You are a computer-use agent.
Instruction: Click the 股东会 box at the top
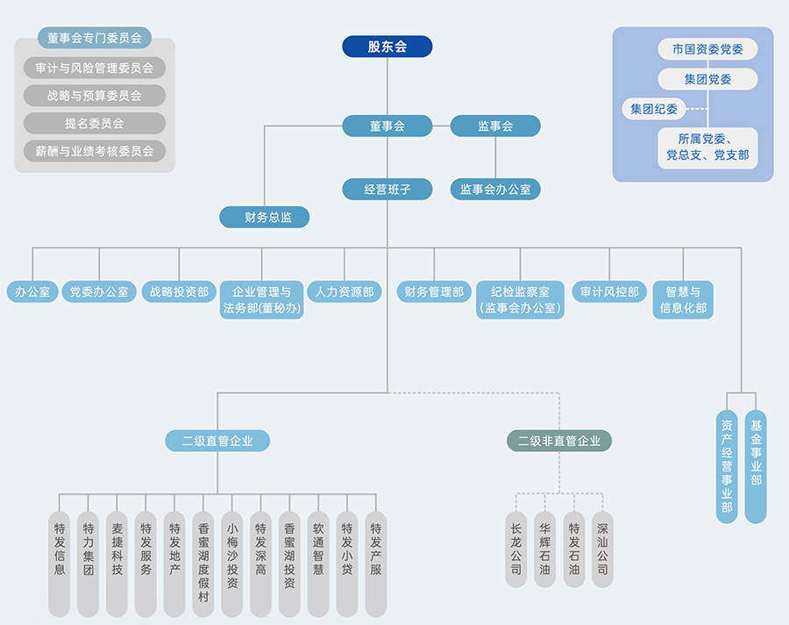point(387,47)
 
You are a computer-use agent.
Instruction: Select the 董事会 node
point(387,126)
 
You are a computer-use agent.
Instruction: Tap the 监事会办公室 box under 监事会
point(495,188)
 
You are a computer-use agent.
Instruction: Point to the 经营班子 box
point(387,188)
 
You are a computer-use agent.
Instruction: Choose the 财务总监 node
point(264,217)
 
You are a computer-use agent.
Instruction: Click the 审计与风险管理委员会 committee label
point(95,68)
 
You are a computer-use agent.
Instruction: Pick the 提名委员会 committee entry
point(95,123)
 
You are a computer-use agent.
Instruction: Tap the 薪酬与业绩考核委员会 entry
point(95,151)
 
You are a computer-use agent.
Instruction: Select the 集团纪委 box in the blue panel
point(653,109)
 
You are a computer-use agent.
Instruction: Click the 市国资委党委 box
point(707,49)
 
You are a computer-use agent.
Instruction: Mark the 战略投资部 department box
point(179,291)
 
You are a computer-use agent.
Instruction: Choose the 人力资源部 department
point(344,291)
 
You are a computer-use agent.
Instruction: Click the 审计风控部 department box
point(609,291)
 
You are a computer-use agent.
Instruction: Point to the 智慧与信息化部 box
point(683,299)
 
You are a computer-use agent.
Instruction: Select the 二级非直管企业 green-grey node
point(559,441)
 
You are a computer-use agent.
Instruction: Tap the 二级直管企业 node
point(217,441)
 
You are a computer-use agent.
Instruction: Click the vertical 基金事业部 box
point(756,465)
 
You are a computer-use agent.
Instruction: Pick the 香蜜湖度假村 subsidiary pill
point(203,563)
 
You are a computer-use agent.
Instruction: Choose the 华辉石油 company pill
point(545,549)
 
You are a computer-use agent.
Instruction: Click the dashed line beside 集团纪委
point(696,109)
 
